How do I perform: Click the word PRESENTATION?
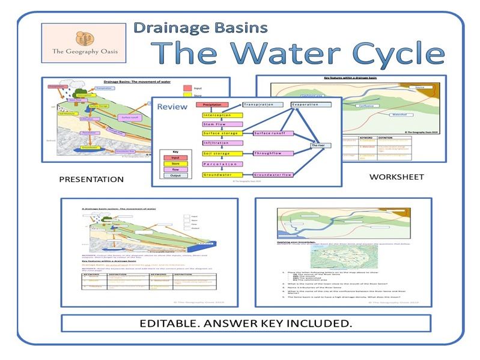[91, 179]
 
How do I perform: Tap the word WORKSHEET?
[396, 177]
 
